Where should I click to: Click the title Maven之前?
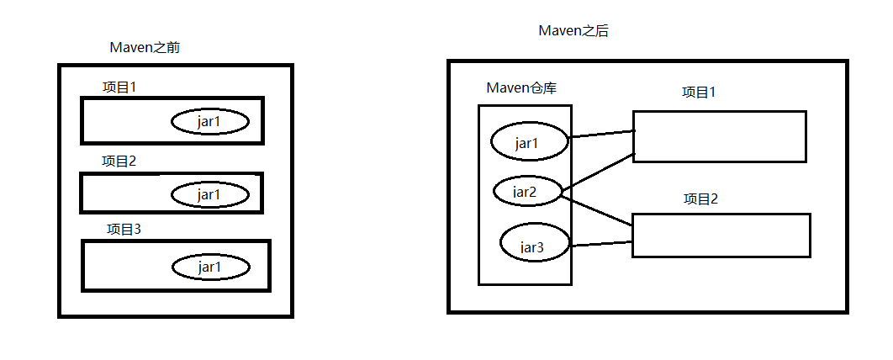(x=145, y=48)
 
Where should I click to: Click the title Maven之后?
(x=573, y=31)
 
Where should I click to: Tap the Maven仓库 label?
(x=521, y=88)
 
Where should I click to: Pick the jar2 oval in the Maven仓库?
(x=526, y=192)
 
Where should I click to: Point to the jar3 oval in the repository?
(x=534, y=246)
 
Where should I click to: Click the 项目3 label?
(x=124, y=229)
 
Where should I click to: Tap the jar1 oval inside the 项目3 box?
(x=211, y=267)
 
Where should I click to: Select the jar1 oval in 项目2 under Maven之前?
(x=210, y=194)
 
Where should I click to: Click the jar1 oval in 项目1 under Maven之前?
(x=210, y=122)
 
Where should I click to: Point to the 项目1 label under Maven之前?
(x=119, y=87)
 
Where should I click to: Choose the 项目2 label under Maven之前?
(x=119, y=161)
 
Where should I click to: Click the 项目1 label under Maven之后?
(x=699, y=92)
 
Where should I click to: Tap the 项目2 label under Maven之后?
(x=701, y=199)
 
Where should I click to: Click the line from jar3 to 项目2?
(x=601, y=244)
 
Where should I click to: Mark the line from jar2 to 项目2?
(x=597, y=209)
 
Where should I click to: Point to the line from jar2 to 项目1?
(x=597, y=172)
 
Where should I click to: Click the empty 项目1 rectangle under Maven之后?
(x=720, y=136)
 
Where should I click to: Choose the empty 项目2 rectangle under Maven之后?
(x=721, y=236)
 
